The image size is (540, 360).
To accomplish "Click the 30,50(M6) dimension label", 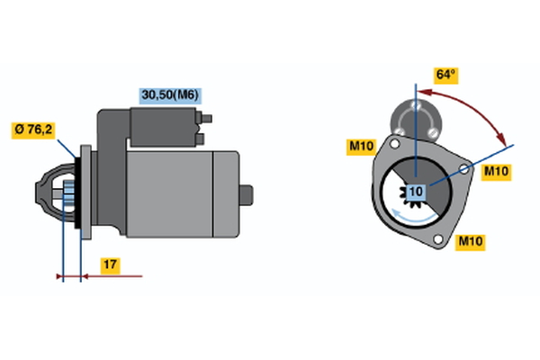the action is pos(170,95).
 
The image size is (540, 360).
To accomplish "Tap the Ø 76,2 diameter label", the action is pos(33,130).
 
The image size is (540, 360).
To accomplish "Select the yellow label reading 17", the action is pos(110,265).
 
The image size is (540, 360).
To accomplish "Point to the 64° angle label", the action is pos(446,75).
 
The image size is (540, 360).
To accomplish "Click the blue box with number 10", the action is pos(416,192).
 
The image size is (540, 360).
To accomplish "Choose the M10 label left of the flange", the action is pos(361,147).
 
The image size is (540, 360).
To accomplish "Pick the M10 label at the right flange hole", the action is pos(496,172).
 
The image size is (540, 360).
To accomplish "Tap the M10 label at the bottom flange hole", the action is pos(470,242).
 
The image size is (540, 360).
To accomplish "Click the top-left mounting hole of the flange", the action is pos(395,144).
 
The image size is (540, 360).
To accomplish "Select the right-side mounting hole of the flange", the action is pos(464,169).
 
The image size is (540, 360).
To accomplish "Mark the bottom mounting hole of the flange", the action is pos(438,238).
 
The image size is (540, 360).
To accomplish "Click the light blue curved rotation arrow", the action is pos(414,218).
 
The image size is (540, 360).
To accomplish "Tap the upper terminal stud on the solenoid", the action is pos(204,119).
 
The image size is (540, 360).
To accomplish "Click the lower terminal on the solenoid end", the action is pos(200,139).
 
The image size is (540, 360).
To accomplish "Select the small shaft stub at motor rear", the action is pos(247,195).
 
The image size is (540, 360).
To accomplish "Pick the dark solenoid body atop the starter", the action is pos(163,127).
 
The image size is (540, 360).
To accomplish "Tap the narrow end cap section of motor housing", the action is pos(226,194).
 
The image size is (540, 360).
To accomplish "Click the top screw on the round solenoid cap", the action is pos(416,104).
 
